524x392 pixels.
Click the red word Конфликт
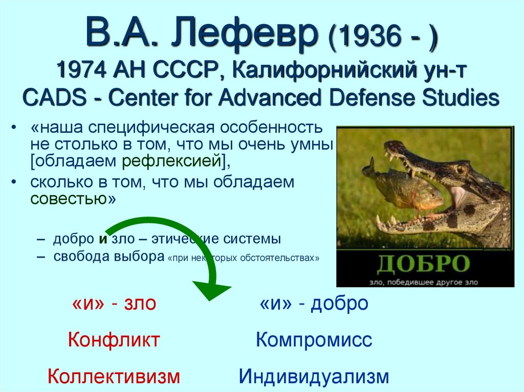coord(114,340)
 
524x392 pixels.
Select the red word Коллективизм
coord(114,377)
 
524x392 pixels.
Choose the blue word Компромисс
coord(314,340)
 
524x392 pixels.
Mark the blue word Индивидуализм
coord(314,377)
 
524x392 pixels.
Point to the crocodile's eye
coord(461,168)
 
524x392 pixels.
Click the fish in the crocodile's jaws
coord(404,187)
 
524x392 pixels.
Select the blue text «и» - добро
coord(314,303)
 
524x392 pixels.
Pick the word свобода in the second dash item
coord(78,257)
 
